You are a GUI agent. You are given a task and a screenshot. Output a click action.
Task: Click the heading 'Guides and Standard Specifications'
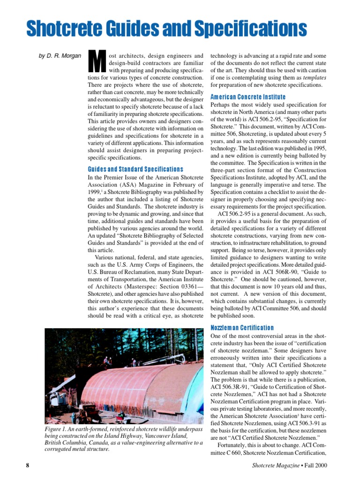135,169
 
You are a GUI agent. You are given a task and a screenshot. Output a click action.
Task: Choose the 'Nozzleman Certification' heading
242,328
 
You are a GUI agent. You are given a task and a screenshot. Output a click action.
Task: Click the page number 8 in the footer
28,465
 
